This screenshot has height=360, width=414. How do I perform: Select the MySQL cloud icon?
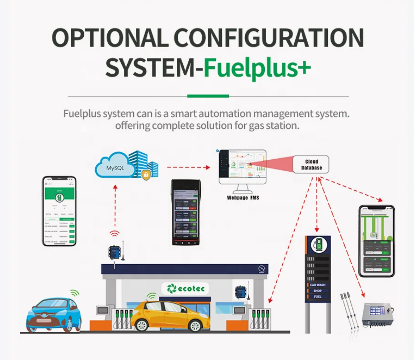click(115, 168)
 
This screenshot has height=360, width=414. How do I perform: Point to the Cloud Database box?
click(311, 165)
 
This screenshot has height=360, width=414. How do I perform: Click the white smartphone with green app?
click(59, 210)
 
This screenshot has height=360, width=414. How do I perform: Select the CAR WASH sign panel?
click(318, 285)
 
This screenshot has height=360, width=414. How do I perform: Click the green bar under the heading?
click(208, 96)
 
